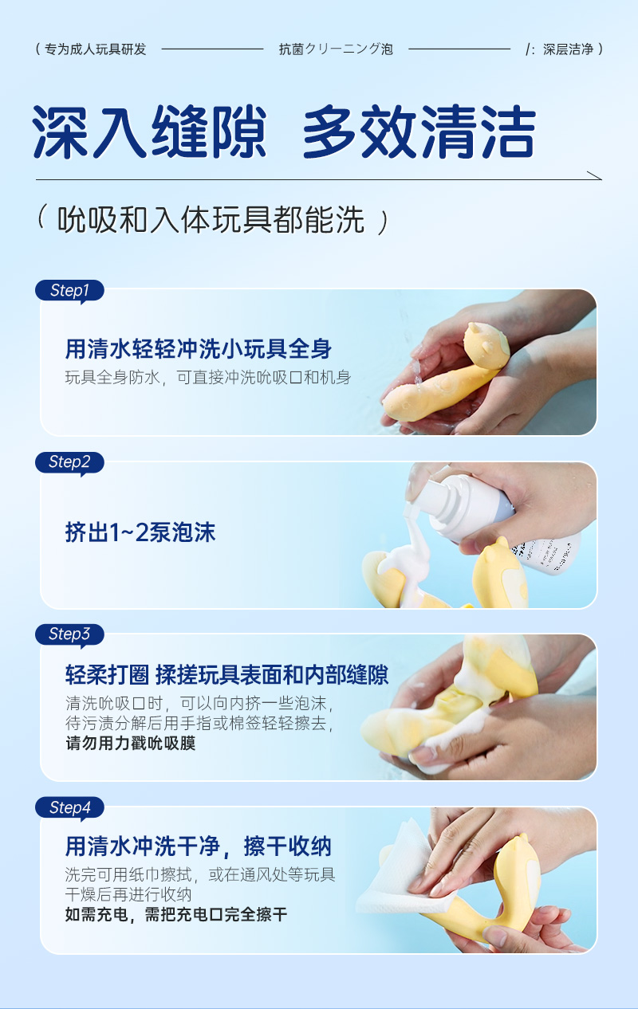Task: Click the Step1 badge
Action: point(69,291)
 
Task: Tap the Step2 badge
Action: point(69,462)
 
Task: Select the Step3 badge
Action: point(69,634)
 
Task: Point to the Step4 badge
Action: point(69,807)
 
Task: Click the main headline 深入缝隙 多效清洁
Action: point(283,132)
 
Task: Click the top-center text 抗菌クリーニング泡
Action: point(336,49)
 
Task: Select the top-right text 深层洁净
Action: point(568,49)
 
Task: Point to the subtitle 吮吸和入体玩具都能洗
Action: point(211,221)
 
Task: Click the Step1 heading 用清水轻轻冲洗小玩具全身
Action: point(199,348)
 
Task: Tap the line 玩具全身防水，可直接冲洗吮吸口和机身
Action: point(208,377)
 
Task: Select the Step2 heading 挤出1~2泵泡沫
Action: point(140,532)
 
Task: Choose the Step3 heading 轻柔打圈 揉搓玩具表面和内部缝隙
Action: point(227,675)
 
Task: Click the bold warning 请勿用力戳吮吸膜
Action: point(130,744)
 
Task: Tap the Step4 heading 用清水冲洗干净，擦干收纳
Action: point(199,846)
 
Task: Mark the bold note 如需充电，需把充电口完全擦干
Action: point(176,914)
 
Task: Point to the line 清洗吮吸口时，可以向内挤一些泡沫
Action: point(199,705)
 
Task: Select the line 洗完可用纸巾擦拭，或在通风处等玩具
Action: point(200,874)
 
